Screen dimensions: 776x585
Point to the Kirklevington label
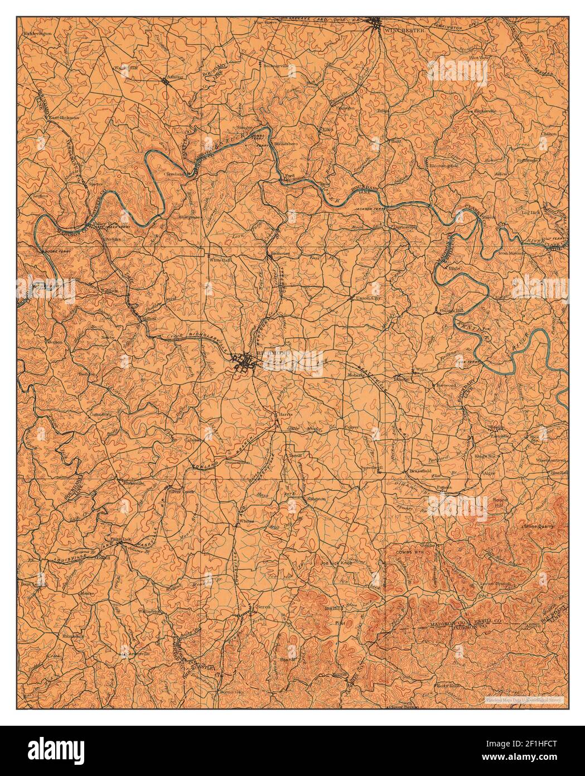pyautogui.click(x=38, y=33)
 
